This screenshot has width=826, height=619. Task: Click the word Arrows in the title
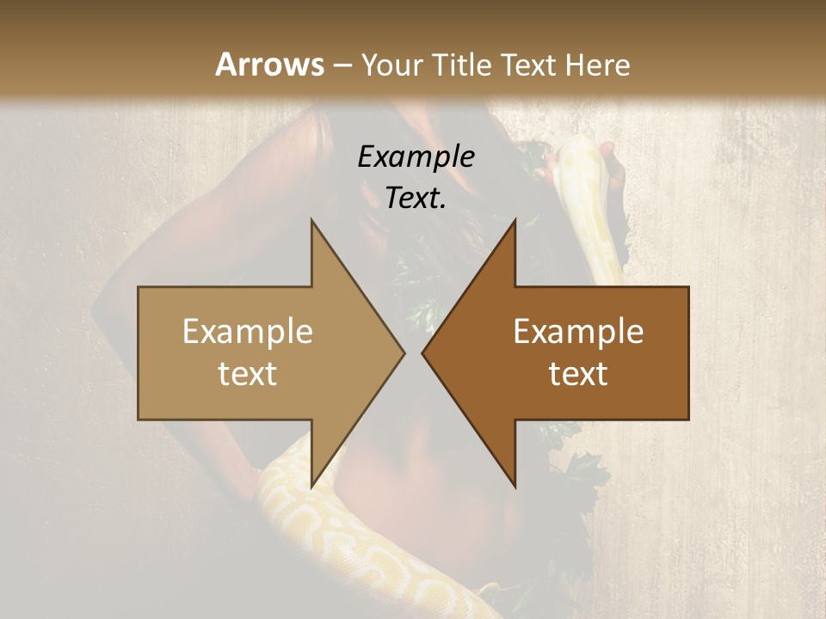coord(269,64)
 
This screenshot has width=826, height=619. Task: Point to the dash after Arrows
coord(342,65)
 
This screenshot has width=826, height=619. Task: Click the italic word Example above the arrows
coord(416,156)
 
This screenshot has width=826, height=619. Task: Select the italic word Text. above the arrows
coord(416,198)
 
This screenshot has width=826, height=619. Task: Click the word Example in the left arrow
coord(248,332)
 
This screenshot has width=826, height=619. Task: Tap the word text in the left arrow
coord(248,374)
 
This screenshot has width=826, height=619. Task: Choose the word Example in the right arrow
coord(578,332)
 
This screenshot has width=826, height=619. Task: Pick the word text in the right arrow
coord(578,374)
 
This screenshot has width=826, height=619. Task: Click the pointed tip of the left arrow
coord(404,352)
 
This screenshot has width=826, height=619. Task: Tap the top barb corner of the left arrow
coord(311,220)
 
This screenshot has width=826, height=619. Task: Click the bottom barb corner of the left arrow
coord(311,487)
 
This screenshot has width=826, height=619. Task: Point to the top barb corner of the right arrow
coord(515,220)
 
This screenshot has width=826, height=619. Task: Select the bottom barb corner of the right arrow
coord(515,487)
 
